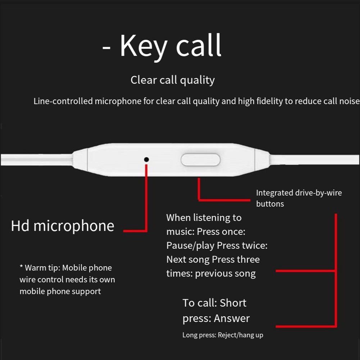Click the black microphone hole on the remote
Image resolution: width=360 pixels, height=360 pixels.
(x=146, y=160)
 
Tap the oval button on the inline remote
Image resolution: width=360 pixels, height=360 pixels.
(x=200, y=160)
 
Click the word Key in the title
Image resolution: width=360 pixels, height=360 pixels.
(x=143, y=46)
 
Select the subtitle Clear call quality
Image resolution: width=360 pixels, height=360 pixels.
(x=173, y=80)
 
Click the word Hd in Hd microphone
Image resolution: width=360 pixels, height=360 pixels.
(x=20, y=226)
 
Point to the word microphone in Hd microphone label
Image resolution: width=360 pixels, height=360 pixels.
(x=74, y=226)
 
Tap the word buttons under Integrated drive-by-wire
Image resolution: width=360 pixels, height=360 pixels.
(x=270, y=204)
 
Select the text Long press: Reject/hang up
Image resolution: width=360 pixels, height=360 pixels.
(x=223, y=335)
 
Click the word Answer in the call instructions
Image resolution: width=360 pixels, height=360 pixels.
(x=232, y=318)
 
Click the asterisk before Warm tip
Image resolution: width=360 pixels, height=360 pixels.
(x=21, y=267)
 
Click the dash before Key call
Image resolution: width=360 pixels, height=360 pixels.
(x=106, y=48)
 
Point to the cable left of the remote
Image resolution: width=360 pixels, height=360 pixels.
(x=37, y=160)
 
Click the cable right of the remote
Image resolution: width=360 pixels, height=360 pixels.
(x=315, y=160)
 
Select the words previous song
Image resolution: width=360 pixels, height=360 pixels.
(x=225, y=274)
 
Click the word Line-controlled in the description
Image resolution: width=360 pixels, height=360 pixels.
(x=63, y=101)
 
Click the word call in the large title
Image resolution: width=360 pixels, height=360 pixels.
(x=199, y=45)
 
